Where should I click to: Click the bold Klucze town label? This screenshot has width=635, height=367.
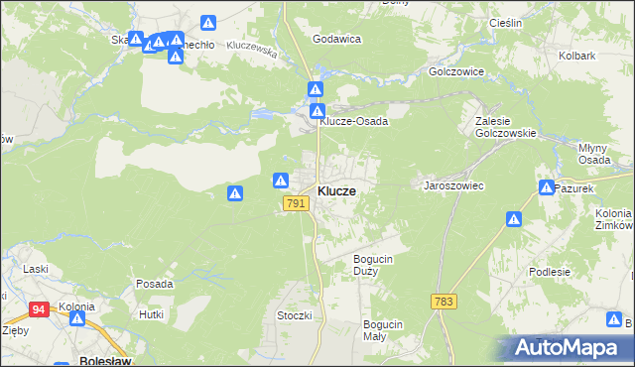pos(337,190)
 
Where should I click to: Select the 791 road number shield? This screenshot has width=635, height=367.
pos(295,203)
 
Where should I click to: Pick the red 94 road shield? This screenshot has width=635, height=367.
pos(39,309)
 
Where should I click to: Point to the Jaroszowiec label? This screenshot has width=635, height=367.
pos(452,185)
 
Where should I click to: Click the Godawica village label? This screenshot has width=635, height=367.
pos(336,39)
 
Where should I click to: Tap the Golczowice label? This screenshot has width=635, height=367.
pos(455,72)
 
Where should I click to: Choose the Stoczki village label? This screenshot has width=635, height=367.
pos(295,315)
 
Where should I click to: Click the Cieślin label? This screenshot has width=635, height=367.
pos(505,22)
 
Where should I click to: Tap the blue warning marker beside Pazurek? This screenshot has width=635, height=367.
pos(547,187)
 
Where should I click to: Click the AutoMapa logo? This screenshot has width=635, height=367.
pos(567,348)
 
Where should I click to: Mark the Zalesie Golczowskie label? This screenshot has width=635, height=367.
pos(505,126)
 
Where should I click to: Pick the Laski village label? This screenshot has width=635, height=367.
pos(36,269)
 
